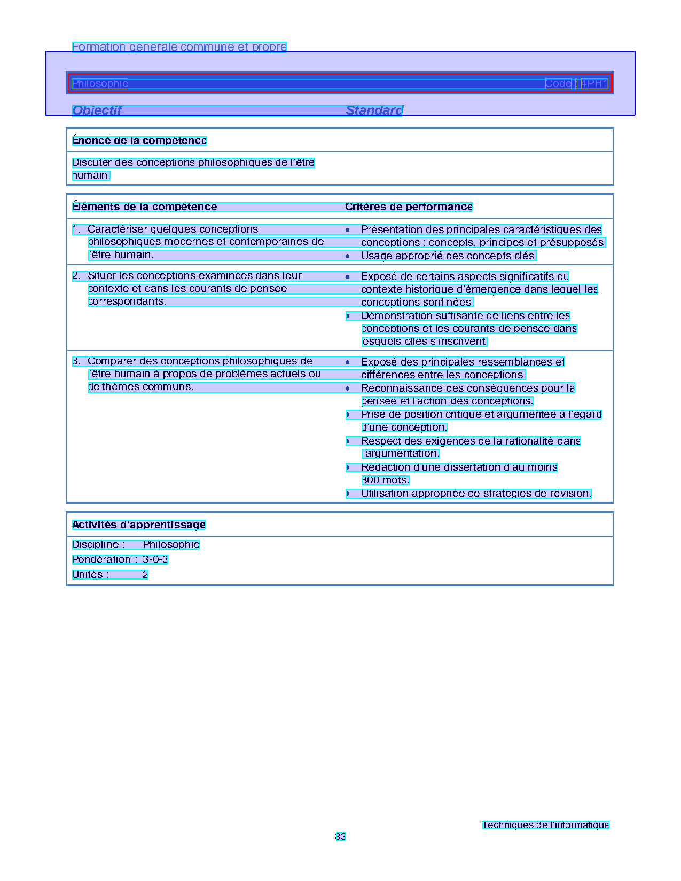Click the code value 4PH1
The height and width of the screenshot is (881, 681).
[594, 84]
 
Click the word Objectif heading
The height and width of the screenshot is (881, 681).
[97, 110]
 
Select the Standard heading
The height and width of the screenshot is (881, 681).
[374, 110]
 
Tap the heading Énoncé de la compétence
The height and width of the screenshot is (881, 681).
[139, 141]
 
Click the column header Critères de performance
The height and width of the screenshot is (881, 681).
[409, 207]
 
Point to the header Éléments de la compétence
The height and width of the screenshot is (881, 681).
[145, 207]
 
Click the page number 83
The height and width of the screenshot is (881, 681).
[340, 837]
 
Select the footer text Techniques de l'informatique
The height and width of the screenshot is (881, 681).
[545, 825]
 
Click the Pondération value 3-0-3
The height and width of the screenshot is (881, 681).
[155, 560]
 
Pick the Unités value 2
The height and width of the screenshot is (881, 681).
[145, 575]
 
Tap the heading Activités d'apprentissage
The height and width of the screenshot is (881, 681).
[139, 525]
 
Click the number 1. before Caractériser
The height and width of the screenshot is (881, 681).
[76, 229]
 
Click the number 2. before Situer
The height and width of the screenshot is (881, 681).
[76, 276]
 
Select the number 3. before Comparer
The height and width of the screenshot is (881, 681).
[76, 361]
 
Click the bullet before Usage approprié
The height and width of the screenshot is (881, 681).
[348, 256]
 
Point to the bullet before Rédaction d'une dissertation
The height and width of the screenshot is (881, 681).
[348, 467]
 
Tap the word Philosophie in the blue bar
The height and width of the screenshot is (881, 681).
[100, 84]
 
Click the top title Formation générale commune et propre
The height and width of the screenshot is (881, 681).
[179, 47]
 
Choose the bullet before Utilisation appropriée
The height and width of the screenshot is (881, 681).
[348, 494]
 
